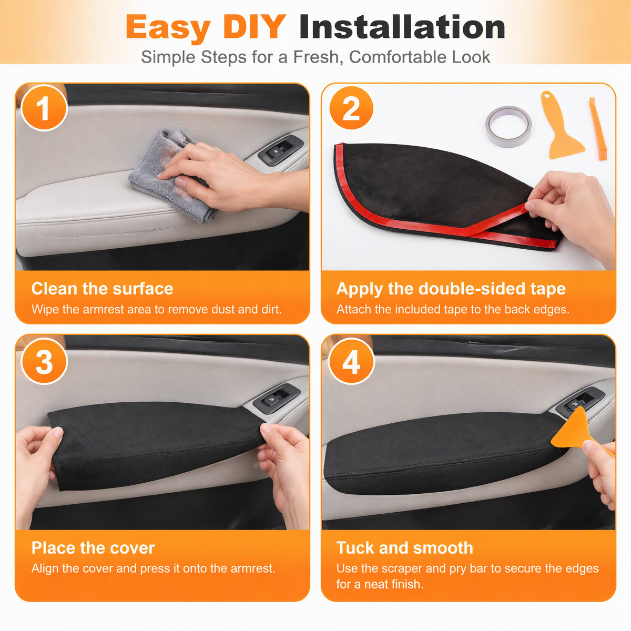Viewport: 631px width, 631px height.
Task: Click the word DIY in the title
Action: [x=254, y=27]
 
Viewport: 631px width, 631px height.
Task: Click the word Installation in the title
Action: [x=402, y=27]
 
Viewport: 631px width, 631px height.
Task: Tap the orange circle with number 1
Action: [x=44, y=108]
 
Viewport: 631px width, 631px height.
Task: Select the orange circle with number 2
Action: [x=351, y=108]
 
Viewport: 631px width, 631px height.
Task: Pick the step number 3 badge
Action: [x=44, y=361]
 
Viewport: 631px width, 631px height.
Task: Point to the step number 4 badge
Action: [x=351, y=361]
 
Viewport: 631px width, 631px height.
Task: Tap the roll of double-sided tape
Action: [x=508, y=126]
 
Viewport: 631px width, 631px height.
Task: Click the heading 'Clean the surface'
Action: [x=102, y=289]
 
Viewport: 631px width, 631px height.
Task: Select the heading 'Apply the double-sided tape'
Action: [x=451, y=289]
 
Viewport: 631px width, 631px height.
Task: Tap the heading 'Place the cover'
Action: [x=93, y=548]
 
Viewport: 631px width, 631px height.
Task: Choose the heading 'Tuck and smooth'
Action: [x=405, y=548]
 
